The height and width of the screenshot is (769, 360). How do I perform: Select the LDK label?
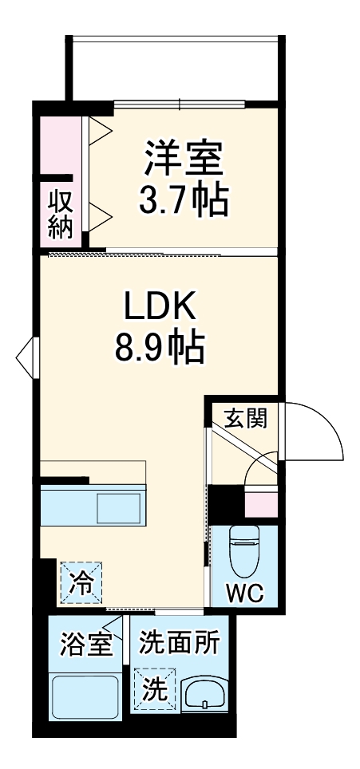tap(160, 306)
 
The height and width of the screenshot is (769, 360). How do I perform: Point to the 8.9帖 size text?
tap(160, 346)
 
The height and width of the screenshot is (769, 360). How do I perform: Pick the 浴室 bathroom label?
tap(85, 643)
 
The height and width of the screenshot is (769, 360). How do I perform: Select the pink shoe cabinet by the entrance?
tap(260, 504)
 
